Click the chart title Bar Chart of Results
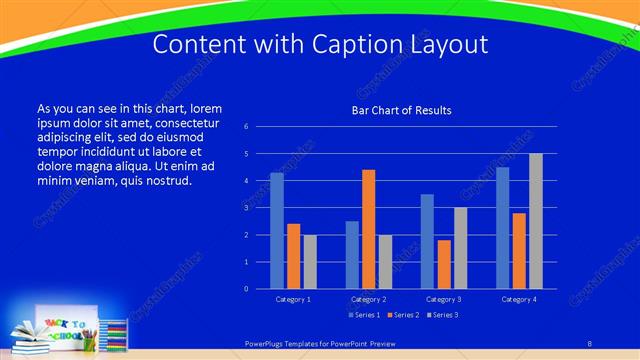click(x=401, y=109)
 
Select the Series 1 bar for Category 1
click(x=277, y=230)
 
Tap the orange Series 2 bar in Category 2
click(x=369, y=229)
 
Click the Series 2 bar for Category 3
click(x=444, y=264)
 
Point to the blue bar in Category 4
click(x=502, y=227)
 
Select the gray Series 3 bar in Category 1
click(x=310, y=261)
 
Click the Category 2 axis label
click(x=369, y=299)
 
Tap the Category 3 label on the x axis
click(x=444, y=299)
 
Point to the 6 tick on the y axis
click(x=246, y=127)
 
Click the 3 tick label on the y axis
click(x=246, y=208)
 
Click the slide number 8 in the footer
click(x=589, y=343)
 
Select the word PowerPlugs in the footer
click(x=268, y=343)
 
